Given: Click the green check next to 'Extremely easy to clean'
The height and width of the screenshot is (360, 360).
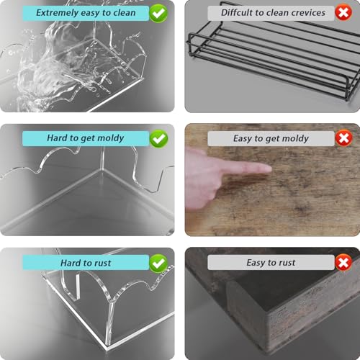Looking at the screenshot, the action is [x=158, y=14].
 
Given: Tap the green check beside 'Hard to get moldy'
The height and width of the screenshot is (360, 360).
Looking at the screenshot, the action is [x=158, y=139].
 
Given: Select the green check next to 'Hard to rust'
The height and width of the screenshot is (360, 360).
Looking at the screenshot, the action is [x=158, y=264].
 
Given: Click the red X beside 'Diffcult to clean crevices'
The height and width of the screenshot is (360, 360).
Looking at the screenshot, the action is [x=343, y=12].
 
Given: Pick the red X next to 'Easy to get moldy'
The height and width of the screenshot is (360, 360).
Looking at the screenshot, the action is [x=343, y=138].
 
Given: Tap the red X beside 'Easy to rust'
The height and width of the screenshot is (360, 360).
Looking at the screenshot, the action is [x=343, y=262].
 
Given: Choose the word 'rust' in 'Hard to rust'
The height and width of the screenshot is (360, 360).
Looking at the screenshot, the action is [x=103, y=263].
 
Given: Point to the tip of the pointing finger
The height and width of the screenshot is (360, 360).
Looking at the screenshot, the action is [x=271, y=169].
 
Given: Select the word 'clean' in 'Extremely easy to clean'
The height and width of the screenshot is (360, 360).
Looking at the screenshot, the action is [x=125, y=13].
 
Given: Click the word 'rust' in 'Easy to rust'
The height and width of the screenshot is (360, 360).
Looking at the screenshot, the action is [x=287, y=263].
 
